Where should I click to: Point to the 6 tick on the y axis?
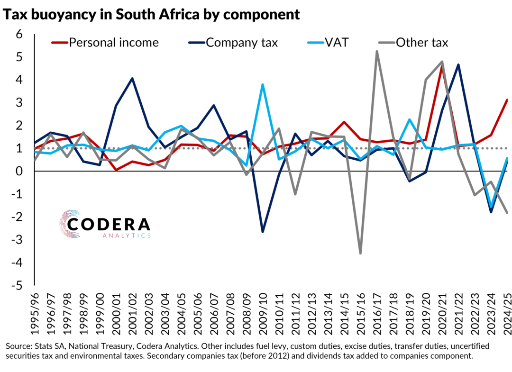tap(19, 34)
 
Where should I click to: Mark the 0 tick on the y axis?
tap(19, 171)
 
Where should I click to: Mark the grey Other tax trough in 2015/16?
tap(361, 253)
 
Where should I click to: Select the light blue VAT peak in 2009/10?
tap(263, 85)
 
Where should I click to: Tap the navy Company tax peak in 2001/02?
tap(132, 78)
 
